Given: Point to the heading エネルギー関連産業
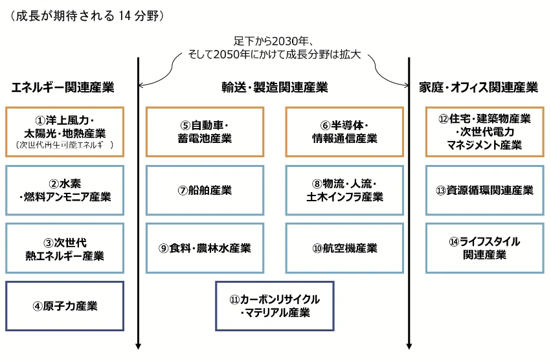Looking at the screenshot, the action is click(x=63, y=87).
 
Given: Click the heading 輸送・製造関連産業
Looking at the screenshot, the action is click(x=275, y=87).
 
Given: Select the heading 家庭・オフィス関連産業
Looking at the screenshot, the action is click(x=478, y=87).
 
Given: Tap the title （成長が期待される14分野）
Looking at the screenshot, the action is click(x=87, y=16).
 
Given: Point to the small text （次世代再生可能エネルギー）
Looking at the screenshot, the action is click(x=65, y=145).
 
